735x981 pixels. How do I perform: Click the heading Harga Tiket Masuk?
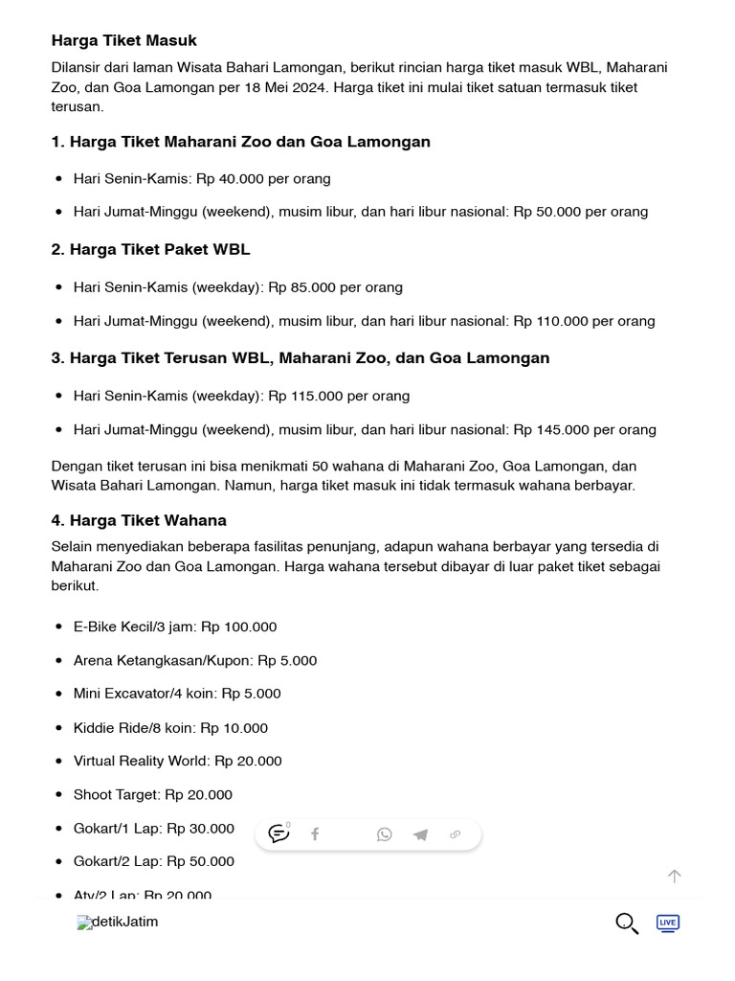124,40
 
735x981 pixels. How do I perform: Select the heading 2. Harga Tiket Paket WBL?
150,249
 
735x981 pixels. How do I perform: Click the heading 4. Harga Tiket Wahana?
139,520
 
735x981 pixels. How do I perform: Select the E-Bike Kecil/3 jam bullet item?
175,627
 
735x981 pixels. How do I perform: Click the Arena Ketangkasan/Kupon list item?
195,660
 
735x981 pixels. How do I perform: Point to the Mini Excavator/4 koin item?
177,694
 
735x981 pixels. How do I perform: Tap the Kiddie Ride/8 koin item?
170,728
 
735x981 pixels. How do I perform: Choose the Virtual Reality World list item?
178,761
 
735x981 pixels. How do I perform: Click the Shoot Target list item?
153,794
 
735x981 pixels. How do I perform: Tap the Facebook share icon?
315,834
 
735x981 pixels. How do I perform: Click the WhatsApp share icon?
384,834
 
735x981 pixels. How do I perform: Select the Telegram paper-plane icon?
420,834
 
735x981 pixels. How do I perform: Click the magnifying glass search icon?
627,923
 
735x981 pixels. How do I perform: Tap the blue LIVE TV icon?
668,923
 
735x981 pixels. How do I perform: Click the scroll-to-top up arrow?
675,876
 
